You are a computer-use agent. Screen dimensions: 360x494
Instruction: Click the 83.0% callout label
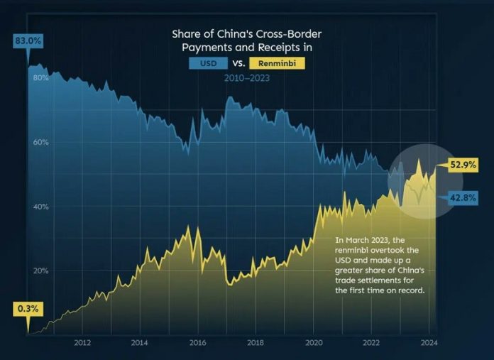[28, 42]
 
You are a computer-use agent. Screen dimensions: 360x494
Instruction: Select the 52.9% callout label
[462, 165]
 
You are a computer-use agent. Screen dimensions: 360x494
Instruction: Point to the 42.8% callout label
[462, 198]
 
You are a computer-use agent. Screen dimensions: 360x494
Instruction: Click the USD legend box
[208, 64]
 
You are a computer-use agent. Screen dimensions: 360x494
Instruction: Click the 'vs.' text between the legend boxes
[239, 64]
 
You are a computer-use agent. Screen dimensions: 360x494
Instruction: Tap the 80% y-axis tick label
[40, 77]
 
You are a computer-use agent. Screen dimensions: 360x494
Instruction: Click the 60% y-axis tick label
[40, 142]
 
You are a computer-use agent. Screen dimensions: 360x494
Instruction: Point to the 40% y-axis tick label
[40, 207]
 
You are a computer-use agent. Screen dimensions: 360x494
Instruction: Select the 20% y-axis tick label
[40, 271]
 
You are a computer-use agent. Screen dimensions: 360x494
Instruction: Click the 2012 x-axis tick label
[82, 342]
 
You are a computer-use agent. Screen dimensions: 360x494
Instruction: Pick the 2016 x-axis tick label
[197, 342]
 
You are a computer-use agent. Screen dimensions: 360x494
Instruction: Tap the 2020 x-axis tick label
[313, 342]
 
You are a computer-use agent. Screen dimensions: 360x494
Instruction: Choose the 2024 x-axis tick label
[429, 342]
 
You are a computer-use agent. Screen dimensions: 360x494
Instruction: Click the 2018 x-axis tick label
[256, 342]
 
